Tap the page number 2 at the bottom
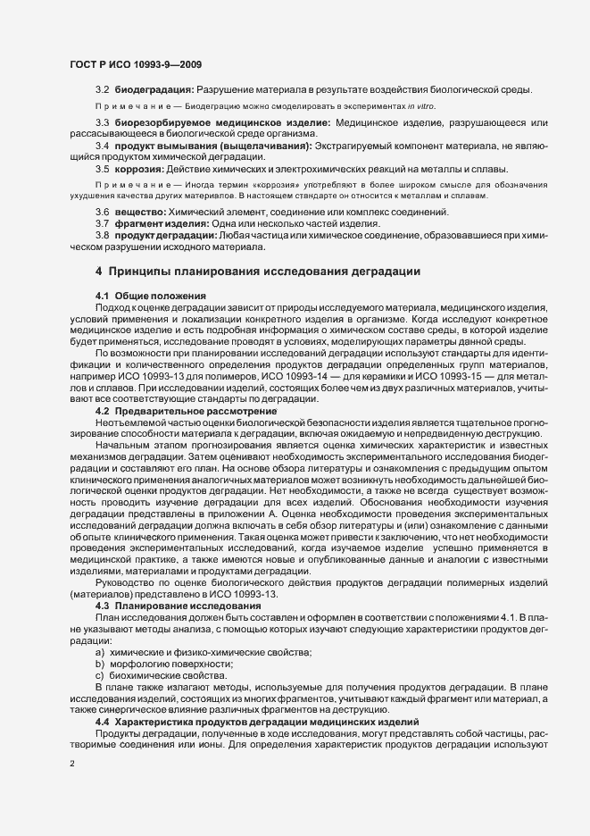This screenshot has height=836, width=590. [x=72, y=765]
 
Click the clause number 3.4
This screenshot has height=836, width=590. [x=103, y=145]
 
